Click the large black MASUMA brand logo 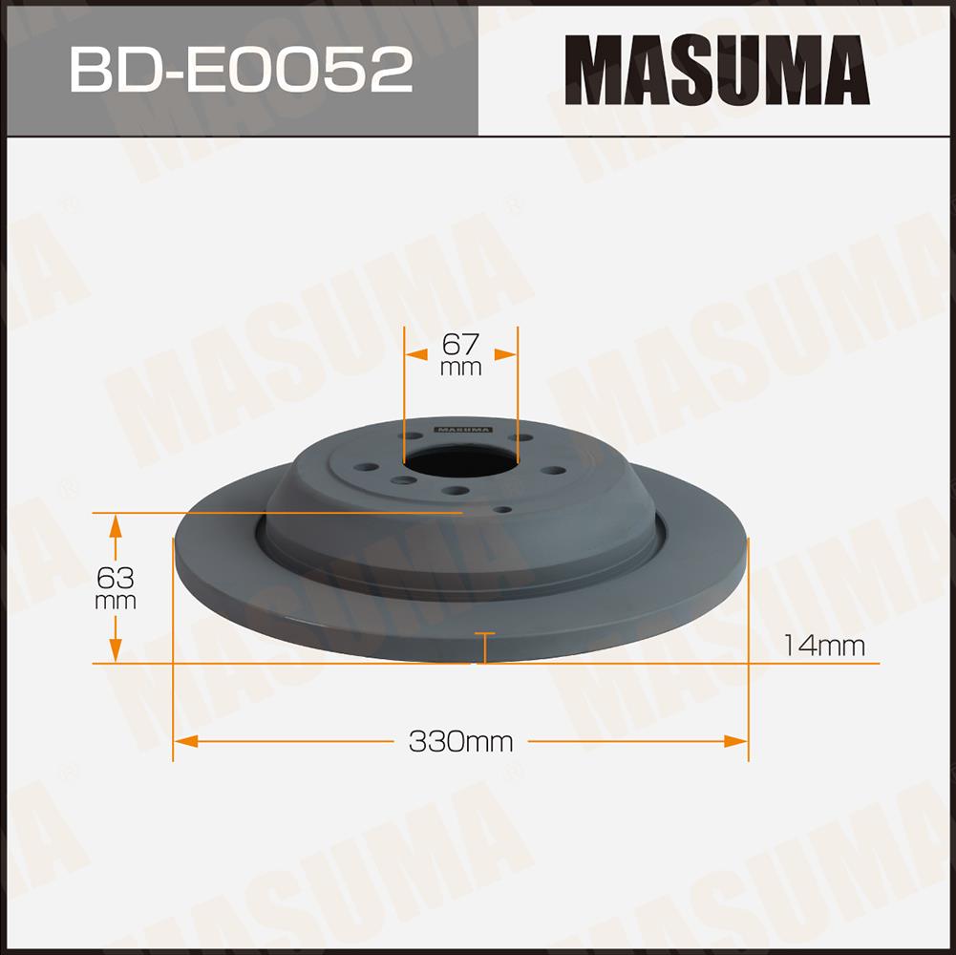tap(717, 70)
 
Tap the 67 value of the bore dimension tap(460, 345)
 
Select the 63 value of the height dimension tap(116, 577)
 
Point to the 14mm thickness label tap(823, 646)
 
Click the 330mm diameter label tap(461, 742)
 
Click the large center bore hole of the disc tap(459, 461)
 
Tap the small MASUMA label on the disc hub tap(463, 430)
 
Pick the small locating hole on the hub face tap(501, 509)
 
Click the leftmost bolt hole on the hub tap(366, 468)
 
